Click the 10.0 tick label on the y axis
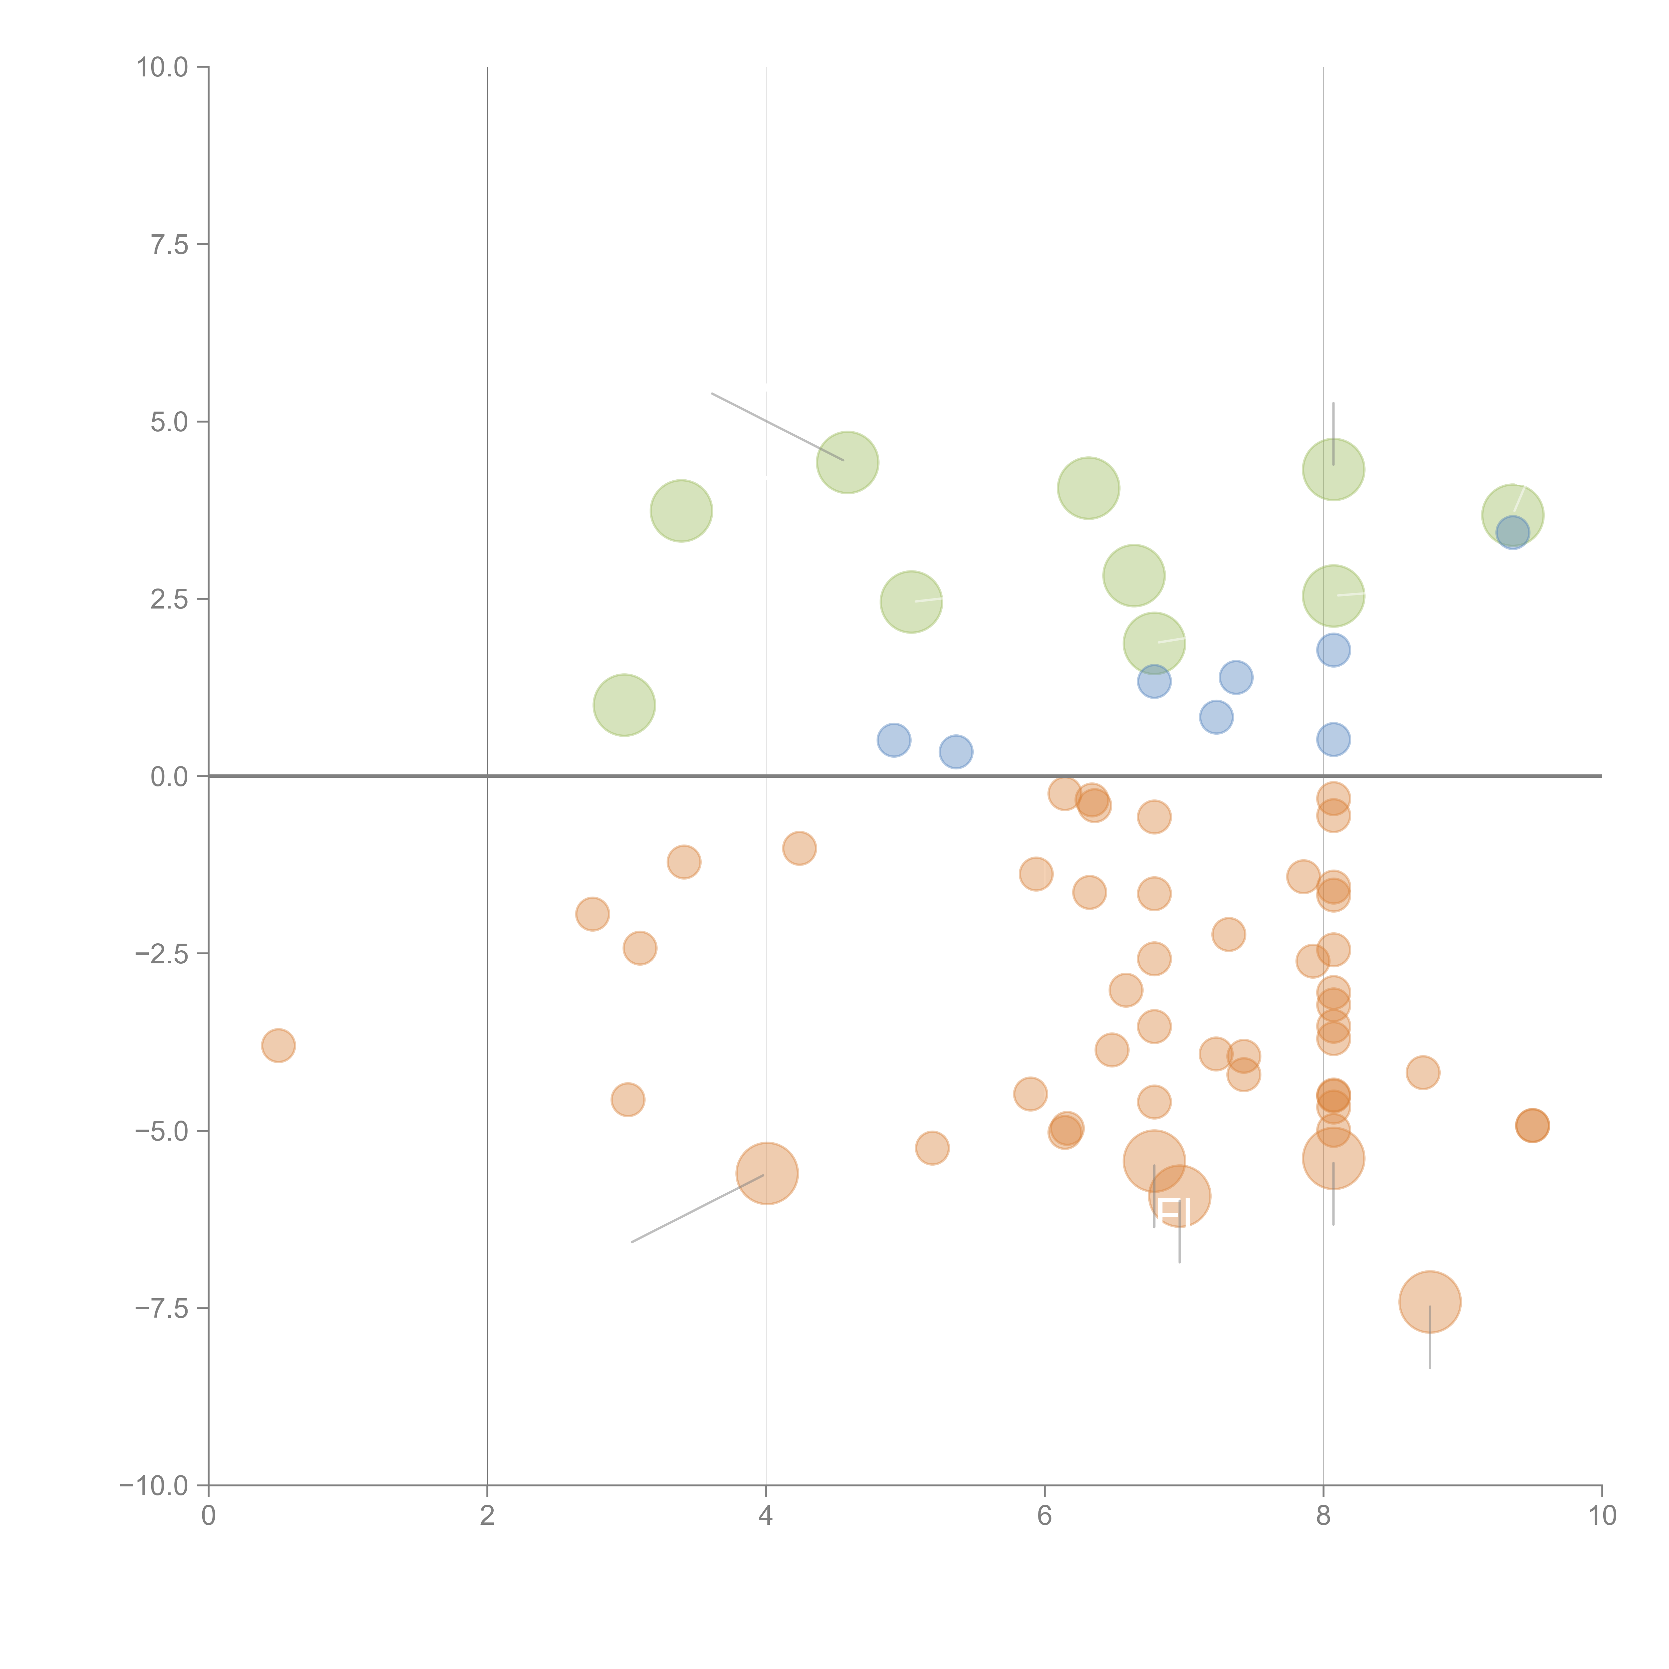click(163, 67)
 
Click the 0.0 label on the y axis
click(169, 777)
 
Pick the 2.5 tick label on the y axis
click(169, 600)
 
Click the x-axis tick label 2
click(487, 1516)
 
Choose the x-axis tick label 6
click(1044, 1516)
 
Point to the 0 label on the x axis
click(208, 1516)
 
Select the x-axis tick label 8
click(1324, 1516)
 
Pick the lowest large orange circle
click(1430, 1302)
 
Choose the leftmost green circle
click(624, 705)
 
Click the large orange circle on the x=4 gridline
click(766, 1173)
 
